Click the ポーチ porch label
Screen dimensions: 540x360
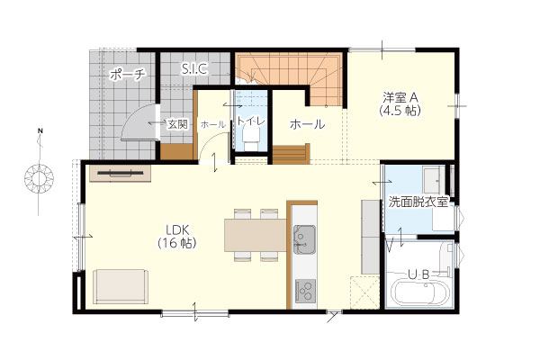(x=128, y=74)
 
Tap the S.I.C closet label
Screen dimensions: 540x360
(x=194, y=69)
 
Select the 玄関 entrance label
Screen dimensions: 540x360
(x=177, y=124)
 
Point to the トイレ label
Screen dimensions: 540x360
(x=251, y=121)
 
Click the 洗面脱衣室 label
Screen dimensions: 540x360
(x=418, y=202)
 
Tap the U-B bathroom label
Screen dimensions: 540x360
(x=418, y=274)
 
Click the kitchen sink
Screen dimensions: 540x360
(x=304, y=239)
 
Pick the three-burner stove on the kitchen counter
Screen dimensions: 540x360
(x=305, y=291)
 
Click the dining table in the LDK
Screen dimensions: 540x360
(x=256, y=235)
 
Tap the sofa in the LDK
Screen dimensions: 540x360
(x=121, y=286)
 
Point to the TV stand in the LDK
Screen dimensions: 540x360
(x=121, y=173)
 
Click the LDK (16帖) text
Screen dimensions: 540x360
(x=177, y=237)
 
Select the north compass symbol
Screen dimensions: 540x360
(x=39, y=175)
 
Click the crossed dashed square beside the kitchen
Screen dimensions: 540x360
(x=364, y=292)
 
